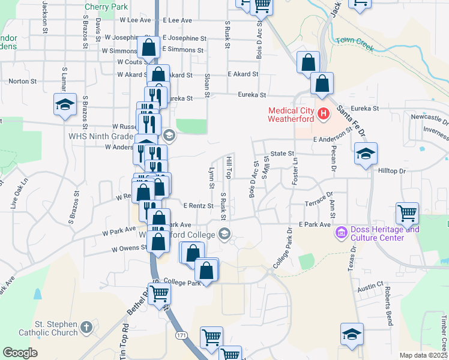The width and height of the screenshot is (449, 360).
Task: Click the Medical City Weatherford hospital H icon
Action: [324, 113]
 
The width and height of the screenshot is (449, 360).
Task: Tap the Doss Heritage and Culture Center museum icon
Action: [342, 232]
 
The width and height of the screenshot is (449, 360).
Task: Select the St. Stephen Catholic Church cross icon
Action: [86, 328]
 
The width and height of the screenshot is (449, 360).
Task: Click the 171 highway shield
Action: [181, 335]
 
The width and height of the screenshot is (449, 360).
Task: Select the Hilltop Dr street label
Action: [393, 171]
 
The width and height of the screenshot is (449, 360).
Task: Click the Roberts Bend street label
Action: [388, 305]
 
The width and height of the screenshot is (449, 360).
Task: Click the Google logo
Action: [20, 353]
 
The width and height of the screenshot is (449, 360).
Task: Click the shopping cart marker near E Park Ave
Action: [408, 213]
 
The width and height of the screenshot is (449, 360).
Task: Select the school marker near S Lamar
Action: [65, 104]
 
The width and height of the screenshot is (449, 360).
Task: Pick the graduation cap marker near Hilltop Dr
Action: [365, 154]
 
